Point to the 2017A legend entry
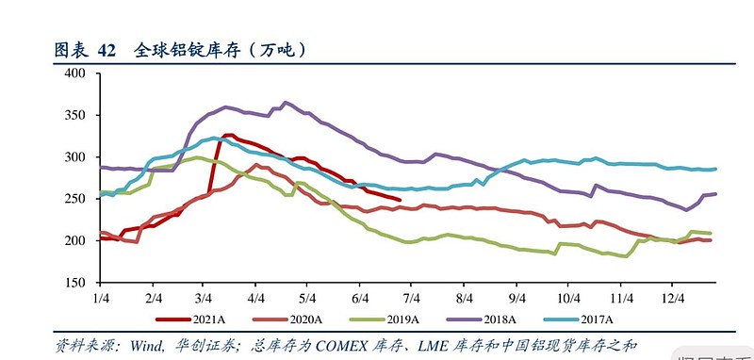tap(588, 319)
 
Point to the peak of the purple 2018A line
tap(286, 102)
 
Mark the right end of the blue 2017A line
tap(715, 170)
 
